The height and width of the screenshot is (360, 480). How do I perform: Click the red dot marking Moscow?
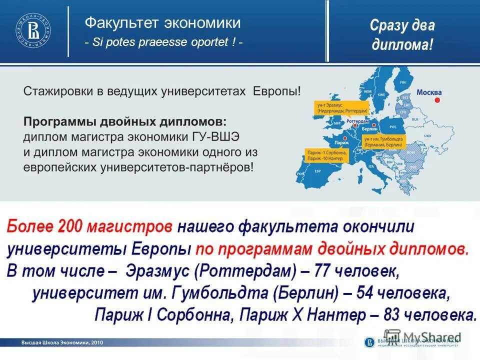pos(437,100)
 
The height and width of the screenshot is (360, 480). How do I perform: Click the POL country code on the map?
pos(387,128)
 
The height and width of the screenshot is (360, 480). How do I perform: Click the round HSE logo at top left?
pos(33,31)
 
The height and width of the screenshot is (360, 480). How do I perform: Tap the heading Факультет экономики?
pos(162,22)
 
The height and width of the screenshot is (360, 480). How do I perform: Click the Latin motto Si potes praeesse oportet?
pos(164,42)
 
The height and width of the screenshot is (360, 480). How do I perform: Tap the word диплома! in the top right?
pos(402,44)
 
